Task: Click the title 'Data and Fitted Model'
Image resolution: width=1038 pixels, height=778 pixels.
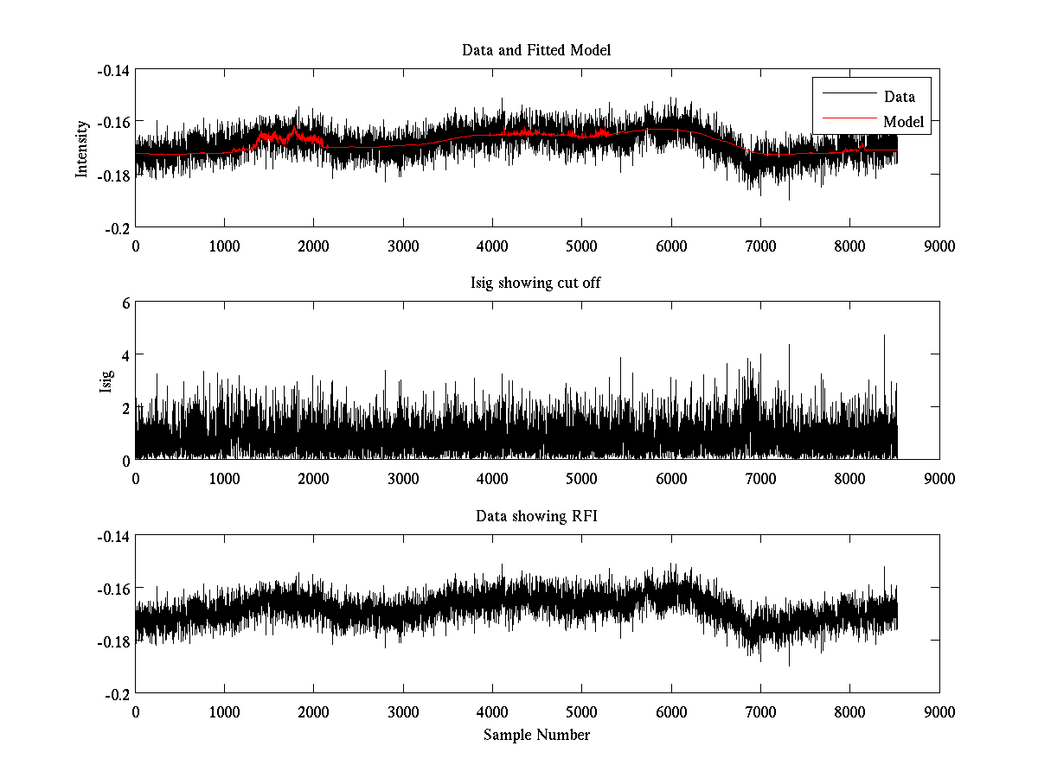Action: pos(536,50)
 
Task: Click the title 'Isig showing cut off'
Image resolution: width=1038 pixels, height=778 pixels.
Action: pos(536,284)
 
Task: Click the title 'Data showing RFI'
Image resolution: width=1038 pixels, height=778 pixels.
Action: pos(536,517)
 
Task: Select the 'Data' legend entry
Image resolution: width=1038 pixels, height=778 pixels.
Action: pos(899,97)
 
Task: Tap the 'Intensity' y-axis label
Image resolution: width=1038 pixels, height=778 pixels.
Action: pos(82,148)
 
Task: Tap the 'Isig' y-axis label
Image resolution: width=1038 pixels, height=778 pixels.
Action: pos(106,381)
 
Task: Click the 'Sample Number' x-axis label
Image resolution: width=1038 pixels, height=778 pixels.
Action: pos(536,736)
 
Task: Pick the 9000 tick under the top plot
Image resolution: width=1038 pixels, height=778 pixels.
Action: pos(939,246)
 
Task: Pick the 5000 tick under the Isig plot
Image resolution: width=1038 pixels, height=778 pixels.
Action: pos(581,479)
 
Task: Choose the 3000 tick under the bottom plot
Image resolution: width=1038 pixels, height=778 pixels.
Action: pos(403,712)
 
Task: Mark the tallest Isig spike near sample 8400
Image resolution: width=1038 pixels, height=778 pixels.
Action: pos(884,336)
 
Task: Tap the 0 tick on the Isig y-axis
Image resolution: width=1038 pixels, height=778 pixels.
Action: pos(125,460)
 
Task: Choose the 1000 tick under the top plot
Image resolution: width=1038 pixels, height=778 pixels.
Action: pos(224,246)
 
